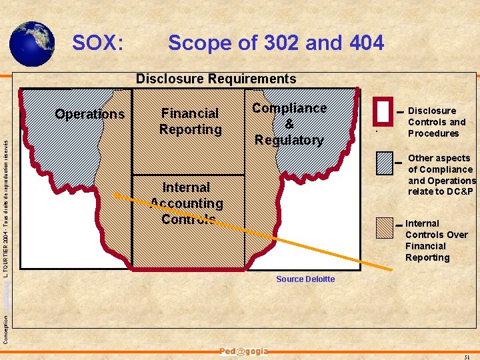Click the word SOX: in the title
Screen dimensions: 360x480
coord(98,43)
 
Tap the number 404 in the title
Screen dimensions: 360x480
coord(366,43)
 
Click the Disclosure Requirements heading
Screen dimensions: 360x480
coord(216,79)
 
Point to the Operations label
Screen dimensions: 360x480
coord(90,114)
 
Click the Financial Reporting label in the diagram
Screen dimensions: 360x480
coord(190,121)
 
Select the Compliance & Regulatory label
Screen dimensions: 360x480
coord(289,124)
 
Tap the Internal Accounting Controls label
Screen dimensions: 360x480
coord(187,203)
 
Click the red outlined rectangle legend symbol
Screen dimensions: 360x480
coord(383,111)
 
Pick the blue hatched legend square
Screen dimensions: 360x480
coord(385,163)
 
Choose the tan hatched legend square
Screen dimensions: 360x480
coord(385,229)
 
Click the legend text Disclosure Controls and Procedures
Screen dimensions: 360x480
coord(436,122)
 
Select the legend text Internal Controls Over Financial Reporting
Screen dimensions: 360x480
coord(436,241)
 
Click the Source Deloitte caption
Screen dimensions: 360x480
coord(305,279)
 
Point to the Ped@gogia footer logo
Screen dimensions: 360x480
coord(244,351)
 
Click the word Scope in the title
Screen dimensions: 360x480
coord(200,43)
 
